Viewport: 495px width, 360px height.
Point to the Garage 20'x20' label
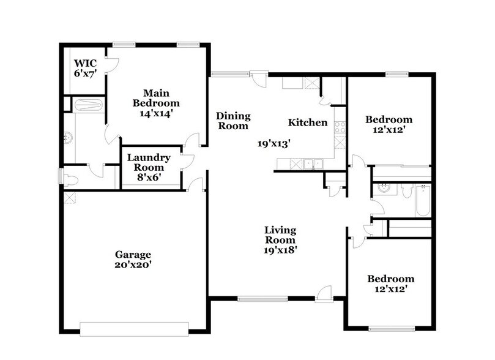[133, 260]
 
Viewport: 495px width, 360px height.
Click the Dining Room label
[233, 121]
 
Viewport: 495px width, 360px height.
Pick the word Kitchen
[308, 122]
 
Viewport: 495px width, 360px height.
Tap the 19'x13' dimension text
[273, 143]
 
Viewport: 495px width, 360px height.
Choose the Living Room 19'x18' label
[280, 239]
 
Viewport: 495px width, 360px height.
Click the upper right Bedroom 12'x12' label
[389, 125]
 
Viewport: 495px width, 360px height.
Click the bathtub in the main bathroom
[87, 105]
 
